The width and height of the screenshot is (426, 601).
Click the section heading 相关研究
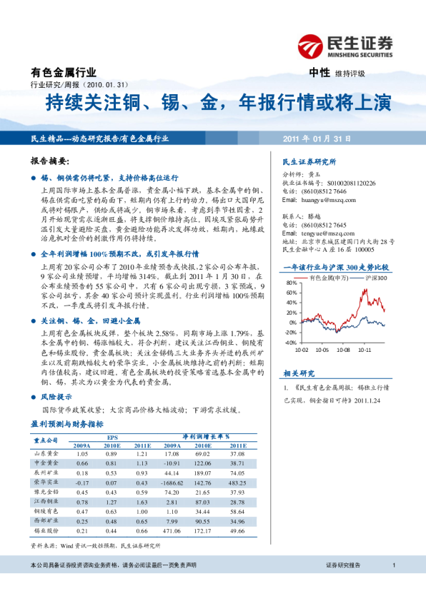pyautogui.click(x=299, y=373)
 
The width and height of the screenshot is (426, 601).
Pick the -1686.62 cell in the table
pyautogui.click(x=172, y=482)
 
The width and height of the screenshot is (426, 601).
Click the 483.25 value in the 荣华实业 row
pyautogui.click(x=238, y=482)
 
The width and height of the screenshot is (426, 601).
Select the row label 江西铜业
pyautogui.click(x=46, y=502)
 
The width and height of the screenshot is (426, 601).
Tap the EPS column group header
pyautogui.click(x=112, y=435)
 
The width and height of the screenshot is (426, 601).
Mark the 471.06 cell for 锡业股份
pyautogui.click(x=172, y=531)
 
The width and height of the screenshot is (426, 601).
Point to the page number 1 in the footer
pyautogui.click(x=394, y=565)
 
